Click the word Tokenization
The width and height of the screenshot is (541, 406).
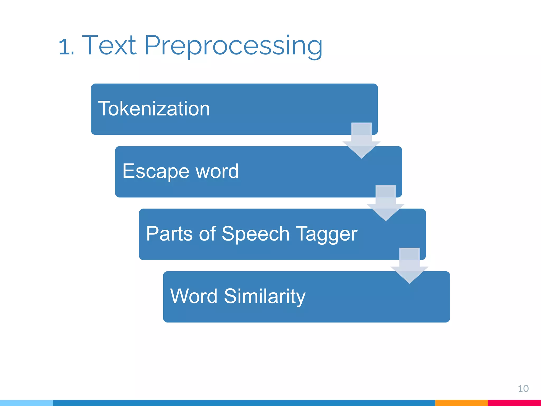(154, 109)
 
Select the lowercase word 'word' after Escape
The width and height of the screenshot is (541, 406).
(217, 171)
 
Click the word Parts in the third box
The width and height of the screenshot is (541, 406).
(169, 234)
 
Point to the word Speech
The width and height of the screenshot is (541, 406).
(255, 234)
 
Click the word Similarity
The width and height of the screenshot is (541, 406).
(265, 297)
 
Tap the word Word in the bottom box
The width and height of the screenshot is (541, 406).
(194, 296)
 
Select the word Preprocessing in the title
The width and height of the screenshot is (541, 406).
(233, 46)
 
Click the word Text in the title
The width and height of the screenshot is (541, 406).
(109, 45)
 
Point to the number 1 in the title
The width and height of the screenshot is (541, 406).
(64, 47)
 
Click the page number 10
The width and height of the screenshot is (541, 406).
(523, 389)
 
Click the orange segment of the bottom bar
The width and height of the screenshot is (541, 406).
(461, 403)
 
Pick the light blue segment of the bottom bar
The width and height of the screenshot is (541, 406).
(26, 403)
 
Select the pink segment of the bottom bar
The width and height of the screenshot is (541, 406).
(514, 403)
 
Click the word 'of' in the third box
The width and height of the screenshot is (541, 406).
(207, 234)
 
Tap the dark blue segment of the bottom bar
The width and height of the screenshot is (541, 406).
(243, 403)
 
